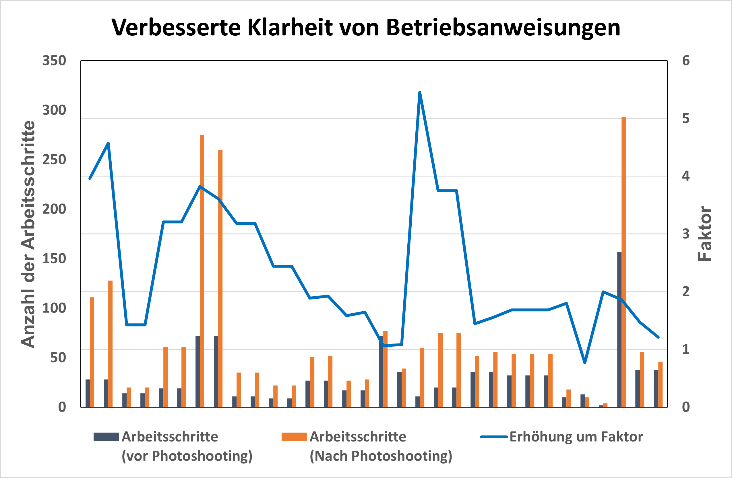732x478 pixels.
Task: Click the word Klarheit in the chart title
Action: (x=290, y=28)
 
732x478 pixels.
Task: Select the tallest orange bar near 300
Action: (x=623, y=262)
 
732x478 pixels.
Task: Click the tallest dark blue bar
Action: (x=619, y=330)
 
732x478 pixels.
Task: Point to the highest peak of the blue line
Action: (x=420, y=92)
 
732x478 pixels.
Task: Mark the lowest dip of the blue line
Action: (x=585, y=363)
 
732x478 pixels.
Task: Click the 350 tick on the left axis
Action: (x=54, y=61)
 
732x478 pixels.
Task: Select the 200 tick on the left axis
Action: (x=54, y=209)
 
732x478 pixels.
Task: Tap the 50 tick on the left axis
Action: (x=58, y=358)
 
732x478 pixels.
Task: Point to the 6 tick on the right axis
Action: (x=686, y=61)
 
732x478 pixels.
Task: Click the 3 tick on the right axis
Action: (x=686, y=234)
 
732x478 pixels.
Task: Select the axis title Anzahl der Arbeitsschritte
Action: (x=28, y=234)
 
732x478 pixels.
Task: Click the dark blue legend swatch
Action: (x=106, y=437)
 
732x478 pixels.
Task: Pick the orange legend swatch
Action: (x=294, y=437)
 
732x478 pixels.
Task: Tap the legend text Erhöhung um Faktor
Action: (x=576, y=437)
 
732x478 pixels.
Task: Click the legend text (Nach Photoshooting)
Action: (x=381, y=456)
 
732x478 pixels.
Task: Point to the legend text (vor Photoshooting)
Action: (x=187, y=456)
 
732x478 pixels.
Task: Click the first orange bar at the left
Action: (x=92, y=352)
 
